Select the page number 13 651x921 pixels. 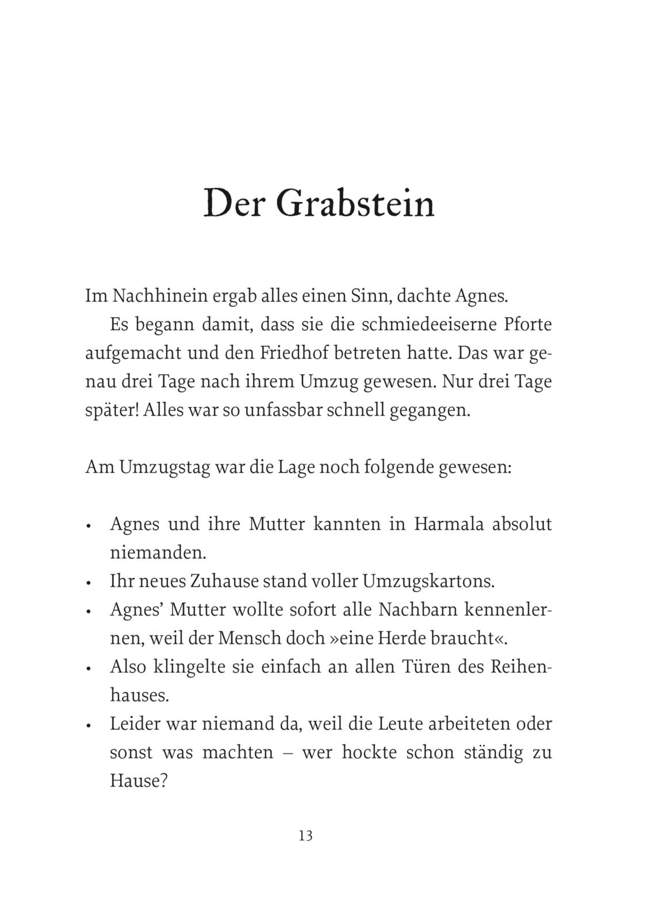click(305, 836)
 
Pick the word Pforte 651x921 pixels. click(527, 325)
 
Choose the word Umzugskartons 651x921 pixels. click(428, 581)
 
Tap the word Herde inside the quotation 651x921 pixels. click(404, 638)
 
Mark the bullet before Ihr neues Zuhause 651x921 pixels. click(89, 583)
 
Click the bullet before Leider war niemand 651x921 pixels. click(89, 725)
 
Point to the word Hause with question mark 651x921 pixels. click(138, 781)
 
